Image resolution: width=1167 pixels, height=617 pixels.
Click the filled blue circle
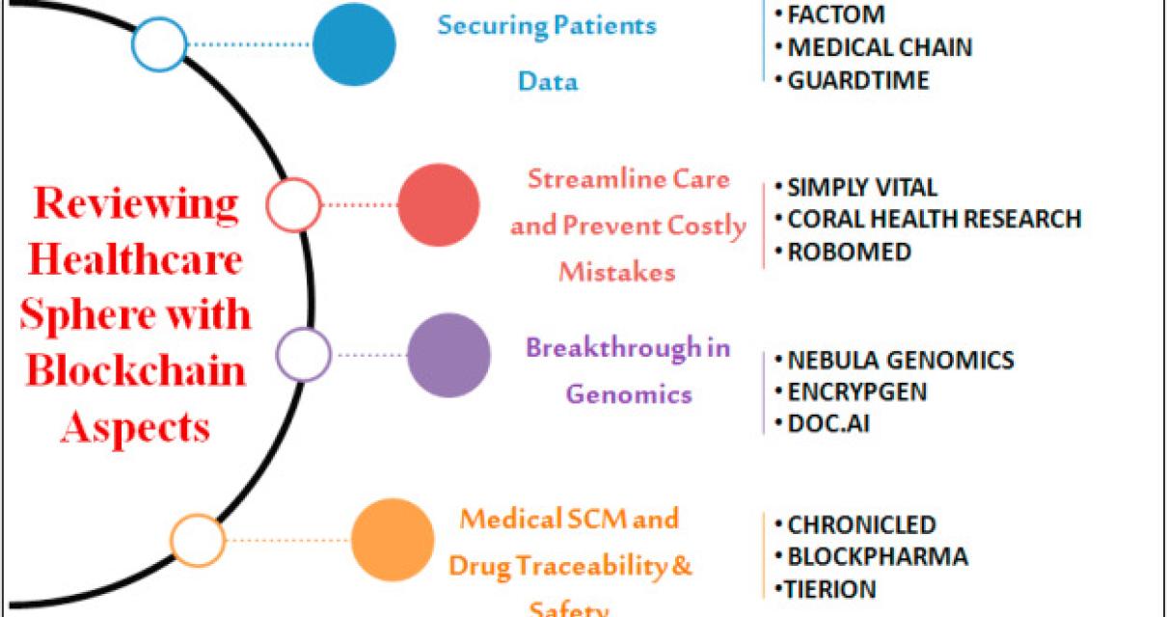click(354, 44)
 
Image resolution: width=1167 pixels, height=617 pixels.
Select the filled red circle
click(439, 204)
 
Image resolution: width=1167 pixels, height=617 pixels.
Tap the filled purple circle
click(448, 355)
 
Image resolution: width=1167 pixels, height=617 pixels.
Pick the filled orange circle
click(393, 540)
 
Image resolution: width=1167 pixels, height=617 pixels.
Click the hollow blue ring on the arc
click(159, 44)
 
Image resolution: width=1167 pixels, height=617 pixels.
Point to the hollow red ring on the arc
click(294, 204)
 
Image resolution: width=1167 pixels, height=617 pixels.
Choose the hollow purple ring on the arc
click(304, 355)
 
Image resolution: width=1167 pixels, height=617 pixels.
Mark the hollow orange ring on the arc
click(198, 540)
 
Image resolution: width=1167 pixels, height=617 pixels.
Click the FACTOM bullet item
click(835, 15)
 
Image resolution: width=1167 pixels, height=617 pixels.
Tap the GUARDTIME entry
click(857, 80)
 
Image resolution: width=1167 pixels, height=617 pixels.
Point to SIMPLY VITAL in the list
click(861, 187)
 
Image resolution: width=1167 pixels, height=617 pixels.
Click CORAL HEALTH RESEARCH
click(933, 219)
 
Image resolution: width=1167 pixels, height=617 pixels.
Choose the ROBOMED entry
click(849, 252)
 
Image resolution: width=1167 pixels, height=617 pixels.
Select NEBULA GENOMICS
click(900, 361)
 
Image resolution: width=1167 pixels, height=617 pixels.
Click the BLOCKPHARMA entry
click(877, 556)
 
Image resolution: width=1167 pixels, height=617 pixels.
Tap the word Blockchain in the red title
click(133, 370)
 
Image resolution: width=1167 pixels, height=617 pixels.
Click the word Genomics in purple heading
click(629, 393)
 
